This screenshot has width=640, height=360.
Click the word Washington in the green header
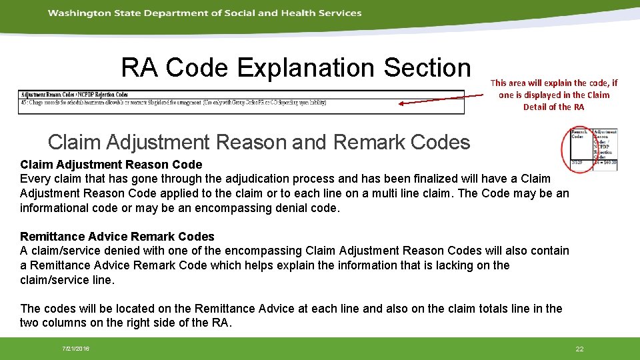74,13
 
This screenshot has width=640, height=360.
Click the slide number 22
579,349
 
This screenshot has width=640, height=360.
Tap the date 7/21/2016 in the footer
76,349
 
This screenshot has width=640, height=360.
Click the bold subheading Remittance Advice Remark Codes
117,237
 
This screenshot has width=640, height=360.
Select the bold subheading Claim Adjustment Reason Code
111,164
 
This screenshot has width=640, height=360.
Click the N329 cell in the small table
578,162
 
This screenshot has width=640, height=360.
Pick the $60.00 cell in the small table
605,162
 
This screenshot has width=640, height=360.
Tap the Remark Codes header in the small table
579,135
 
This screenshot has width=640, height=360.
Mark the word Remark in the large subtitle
368,142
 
